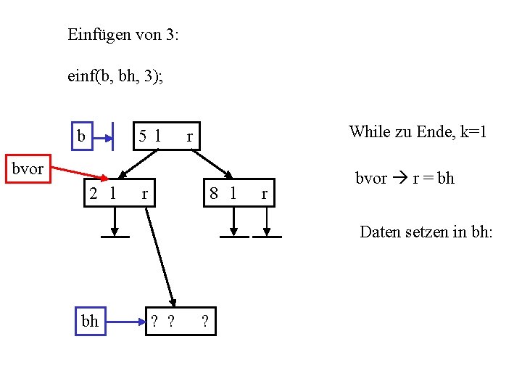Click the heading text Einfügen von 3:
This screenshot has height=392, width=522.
point(123,35)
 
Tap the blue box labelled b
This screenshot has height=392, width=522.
point(82,136)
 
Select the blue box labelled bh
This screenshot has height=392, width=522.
point(90,321)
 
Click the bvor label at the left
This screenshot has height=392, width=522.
point(27,169)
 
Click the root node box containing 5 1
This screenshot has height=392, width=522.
point(165,135)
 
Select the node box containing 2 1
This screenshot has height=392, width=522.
point(117,193)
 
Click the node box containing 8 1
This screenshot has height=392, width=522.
point(236,193)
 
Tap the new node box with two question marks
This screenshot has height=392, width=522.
point(175,321)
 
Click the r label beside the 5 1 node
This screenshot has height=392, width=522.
point(189,136)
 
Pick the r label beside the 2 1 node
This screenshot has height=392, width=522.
point(145,194)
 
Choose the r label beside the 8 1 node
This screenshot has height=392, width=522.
point(265,194)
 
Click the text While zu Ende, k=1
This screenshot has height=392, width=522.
point(417,131)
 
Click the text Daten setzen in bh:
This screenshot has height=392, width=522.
point(426,232)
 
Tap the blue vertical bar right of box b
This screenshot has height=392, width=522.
point(115,136)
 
